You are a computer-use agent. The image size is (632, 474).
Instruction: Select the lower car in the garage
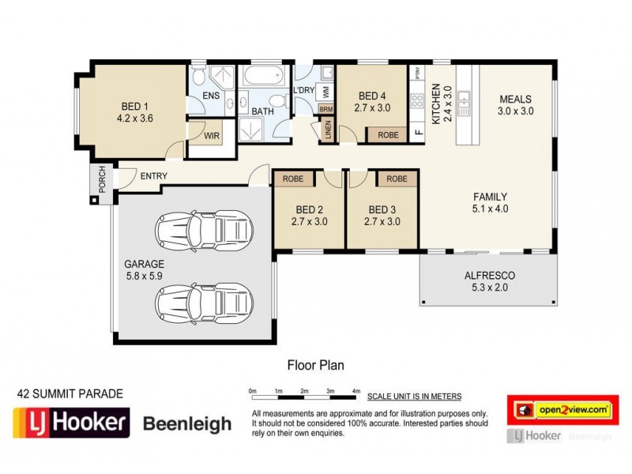[203, 300]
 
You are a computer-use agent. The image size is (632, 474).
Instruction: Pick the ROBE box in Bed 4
[388, 135]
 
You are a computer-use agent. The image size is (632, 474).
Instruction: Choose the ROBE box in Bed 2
[293, 179]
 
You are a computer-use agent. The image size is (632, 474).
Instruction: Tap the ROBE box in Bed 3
[397, 179]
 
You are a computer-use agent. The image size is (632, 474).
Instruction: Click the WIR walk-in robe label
[212, 136]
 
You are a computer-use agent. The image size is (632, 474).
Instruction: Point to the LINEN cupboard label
[328, 130]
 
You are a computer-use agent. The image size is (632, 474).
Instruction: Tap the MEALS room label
[516, 99]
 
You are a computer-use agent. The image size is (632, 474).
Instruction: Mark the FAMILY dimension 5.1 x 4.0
[490, 209]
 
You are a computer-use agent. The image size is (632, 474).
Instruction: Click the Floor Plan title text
[314, 366]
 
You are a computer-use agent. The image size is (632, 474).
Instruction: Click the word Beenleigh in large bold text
[187, 424]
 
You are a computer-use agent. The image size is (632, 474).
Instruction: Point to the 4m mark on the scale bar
[356, 392]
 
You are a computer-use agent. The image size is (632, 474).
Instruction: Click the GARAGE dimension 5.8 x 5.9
[144, 276]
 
